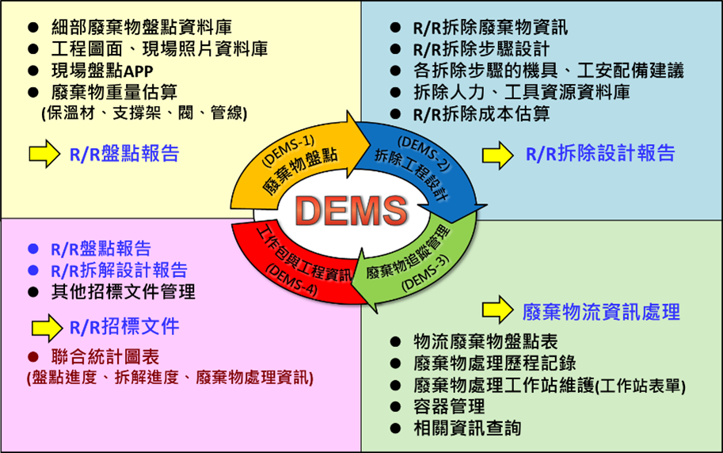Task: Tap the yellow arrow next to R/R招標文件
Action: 46,325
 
